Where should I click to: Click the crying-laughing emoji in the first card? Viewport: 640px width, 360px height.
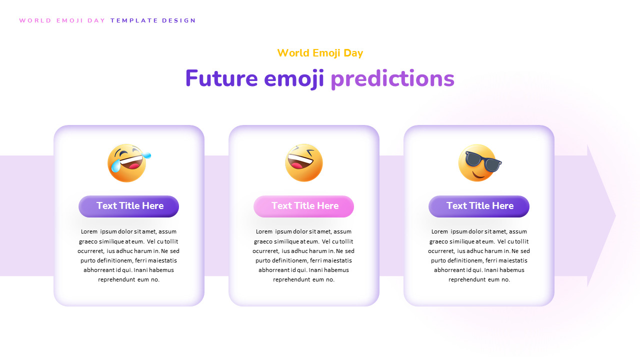pos(128,163)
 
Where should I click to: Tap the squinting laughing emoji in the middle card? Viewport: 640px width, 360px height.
pos(304,163)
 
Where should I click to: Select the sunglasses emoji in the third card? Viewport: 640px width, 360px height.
pos(478,163)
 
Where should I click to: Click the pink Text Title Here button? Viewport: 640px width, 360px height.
pos(304,206)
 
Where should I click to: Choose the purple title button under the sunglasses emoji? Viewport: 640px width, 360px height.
pos(479,206)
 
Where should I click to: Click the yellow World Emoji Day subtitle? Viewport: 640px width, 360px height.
pos(320,53)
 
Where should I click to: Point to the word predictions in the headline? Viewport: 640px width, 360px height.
pos(392,78)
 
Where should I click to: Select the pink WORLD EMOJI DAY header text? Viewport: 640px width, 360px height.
pos(62,20)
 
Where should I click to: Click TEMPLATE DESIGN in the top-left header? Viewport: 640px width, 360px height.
pos(153,20)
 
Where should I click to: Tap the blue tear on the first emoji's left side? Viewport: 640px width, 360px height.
pos(115,166)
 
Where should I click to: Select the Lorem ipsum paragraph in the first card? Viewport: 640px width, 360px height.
pos(128,255)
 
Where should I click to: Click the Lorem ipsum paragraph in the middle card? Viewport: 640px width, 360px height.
pos(303,255)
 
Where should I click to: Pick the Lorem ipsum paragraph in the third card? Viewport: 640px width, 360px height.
pos(479,255)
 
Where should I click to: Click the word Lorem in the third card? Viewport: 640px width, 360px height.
pos(439,231)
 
